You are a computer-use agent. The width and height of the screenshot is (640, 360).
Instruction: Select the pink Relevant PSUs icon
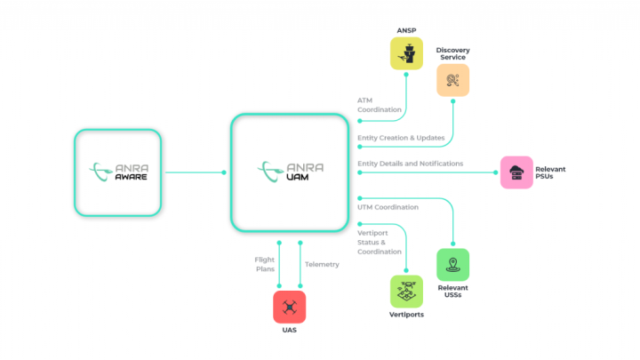[516, 172]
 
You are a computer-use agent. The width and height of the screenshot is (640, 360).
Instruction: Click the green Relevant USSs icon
[452, 264]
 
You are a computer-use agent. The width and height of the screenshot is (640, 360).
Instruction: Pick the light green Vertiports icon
[406, 291]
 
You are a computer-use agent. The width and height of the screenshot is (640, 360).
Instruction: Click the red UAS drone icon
[289, 308]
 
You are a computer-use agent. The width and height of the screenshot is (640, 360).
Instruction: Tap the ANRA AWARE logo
[117, 172]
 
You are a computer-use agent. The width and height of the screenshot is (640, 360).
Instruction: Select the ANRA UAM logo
[288, 171]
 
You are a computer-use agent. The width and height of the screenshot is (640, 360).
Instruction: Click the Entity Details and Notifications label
[410, 164]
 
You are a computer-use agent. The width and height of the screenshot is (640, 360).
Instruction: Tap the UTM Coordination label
[388, 207]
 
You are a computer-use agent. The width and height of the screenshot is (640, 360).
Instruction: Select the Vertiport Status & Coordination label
[380, 241]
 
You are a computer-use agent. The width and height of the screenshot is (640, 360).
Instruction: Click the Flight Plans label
[263, 264]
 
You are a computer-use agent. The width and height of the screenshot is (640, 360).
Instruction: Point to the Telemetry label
[322, 264]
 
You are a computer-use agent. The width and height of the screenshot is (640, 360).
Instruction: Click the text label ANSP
[407, 30]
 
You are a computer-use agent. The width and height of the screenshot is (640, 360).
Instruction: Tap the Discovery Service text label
[452, 53]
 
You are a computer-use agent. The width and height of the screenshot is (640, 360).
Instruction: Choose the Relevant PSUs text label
[550, 172]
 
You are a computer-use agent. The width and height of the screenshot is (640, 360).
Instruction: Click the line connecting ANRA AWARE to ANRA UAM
[194, 172]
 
